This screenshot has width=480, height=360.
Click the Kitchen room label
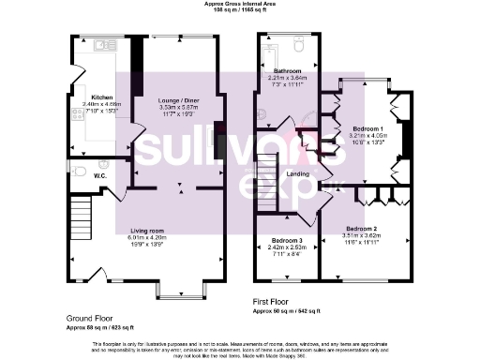coord(101,97)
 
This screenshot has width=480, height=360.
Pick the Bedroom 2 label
coord(361,229)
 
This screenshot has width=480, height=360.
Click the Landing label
coord(297,174)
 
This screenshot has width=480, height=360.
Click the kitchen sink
coord(99,44)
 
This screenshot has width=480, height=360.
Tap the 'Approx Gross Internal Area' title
coord(240,4)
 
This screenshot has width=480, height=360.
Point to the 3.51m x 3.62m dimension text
coord(361,236)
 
